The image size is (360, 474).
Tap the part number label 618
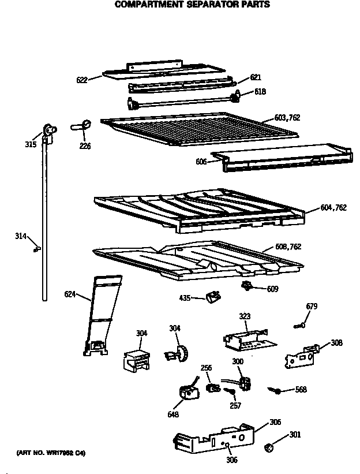tap(260, 91)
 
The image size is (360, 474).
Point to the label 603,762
tap(287, 118)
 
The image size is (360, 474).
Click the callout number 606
tap(201, 162)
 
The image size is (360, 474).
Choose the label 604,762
tap(333, 208)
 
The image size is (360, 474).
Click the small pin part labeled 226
tap(81, 125)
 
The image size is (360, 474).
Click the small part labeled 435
tap(212, 297)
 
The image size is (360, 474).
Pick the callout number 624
tap(70, 294)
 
